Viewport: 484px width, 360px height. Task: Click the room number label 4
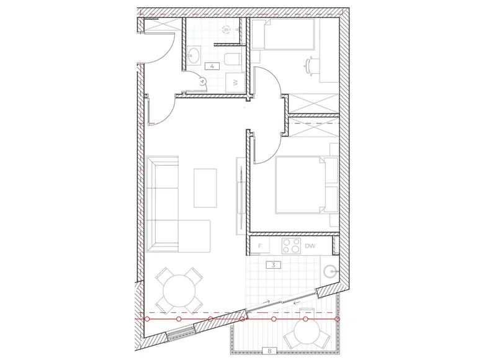coord(212,66)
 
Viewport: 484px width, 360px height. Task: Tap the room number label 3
coord(274,265)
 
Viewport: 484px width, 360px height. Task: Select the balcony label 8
coord(269,351)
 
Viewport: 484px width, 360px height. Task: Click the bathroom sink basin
coord(194,55)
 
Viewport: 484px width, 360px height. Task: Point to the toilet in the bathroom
coord(233,59)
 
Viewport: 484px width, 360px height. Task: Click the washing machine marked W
coord(235,83)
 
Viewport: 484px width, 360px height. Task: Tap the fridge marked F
coord(259,246)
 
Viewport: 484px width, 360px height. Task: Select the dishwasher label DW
coord(310,246)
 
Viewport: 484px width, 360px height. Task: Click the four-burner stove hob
coord(291,246)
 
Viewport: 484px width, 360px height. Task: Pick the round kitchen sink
coord(331,272)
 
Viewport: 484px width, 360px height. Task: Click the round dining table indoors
coord(179,291)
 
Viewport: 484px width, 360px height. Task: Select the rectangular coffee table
coord(205,187)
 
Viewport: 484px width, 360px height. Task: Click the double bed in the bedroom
coord(307,185)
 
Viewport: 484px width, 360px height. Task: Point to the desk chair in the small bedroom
coord(311,66)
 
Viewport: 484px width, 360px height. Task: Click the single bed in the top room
coord(283,34)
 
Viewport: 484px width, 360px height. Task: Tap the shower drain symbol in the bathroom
coord(227,30)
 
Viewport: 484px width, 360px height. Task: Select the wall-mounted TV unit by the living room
coord(241,195)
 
